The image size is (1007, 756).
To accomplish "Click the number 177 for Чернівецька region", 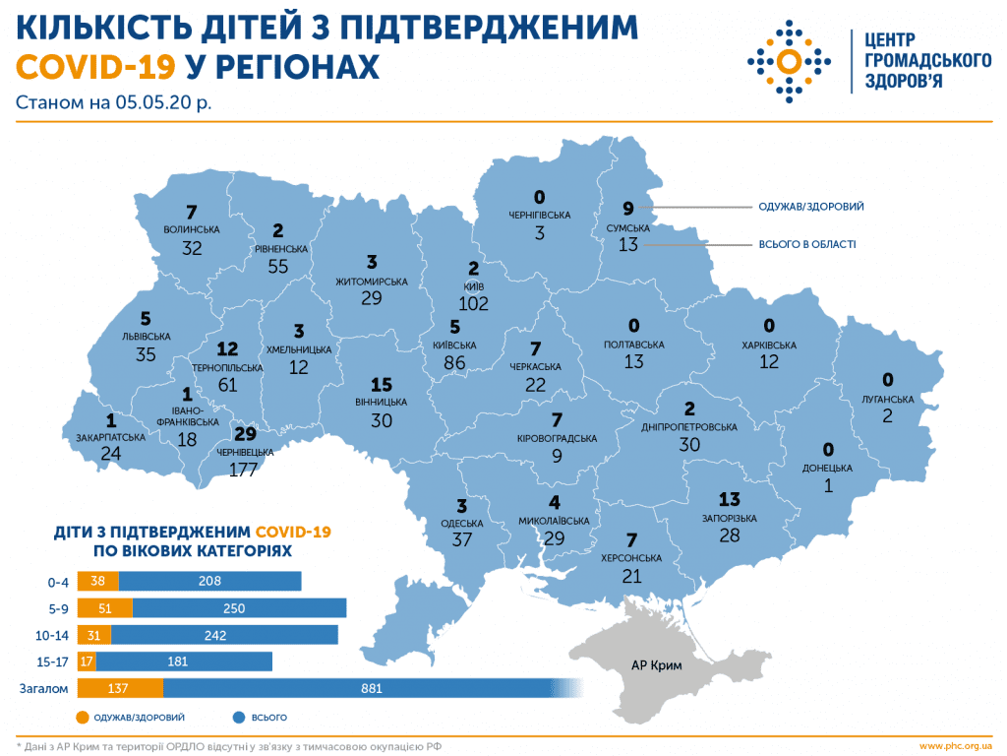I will click(x=243, y=470).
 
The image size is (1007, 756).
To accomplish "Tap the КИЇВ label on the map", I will click(x=473, y=285).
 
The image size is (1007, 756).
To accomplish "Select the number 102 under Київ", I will click(x=473, y=304).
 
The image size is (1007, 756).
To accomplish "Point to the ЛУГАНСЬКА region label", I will click(x=888, y=399).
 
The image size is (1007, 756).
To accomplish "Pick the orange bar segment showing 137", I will click(x=121, y=689).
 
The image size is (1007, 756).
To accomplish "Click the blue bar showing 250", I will click(x=239, y=607).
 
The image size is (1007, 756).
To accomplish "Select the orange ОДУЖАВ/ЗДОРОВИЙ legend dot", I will click(x=82, y=718).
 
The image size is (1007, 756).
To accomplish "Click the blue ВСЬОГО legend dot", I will click(x=240, y=718).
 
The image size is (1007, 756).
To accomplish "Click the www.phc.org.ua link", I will click(x=954, y=745).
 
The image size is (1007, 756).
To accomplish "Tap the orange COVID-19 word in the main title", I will click(x=95, y=66).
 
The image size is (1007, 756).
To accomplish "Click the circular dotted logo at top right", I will click(x=788, y=62).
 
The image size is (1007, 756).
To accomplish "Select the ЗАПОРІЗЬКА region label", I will click(x=730, y=517).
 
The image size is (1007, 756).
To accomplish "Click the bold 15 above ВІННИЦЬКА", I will click(x=382, y=385).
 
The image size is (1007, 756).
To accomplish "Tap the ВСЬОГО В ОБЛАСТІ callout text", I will click(x=806, y=243).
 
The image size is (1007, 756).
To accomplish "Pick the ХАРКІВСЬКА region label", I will click(x=769, y=346).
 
